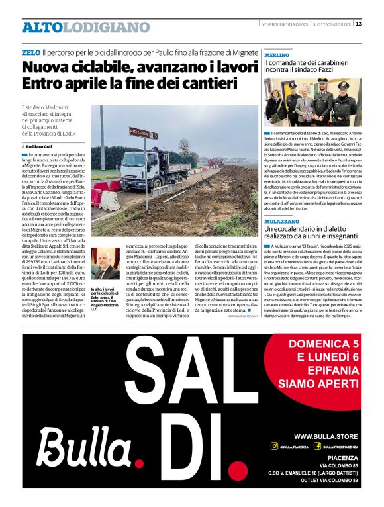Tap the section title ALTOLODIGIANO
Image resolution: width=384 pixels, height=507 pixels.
coord(86,27)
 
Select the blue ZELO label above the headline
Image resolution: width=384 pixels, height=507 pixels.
coord(30,52)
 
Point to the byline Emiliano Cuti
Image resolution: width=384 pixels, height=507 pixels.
coord(40,146)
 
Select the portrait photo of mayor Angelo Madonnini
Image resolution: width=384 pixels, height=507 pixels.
coord(105,264)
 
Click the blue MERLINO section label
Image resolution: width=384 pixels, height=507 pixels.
coord(277,55)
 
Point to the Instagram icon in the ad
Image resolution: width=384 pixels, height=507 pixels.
coord(274,447)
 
